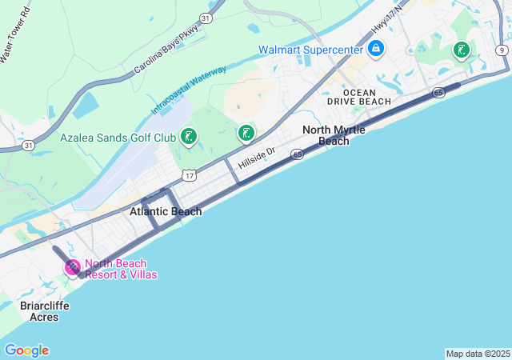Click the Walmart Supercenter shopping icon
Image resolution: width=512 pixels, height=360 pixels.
click(x=376, y=49)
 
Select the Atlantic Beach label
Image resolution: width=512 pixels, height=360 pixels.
click(x=166, y=211)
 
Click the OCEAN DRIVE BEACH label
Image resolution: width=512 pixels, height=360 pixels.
click(x=359, y=96)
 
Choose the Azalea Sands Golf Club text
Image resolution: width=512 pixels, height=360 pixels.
click(x=118, y=138)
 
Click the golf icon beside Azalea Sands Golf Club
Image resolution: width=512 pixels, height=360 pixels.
click(x=188, y=137)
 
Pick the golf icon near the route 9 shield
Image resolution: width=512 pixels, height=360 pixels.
click(x=461, y=50)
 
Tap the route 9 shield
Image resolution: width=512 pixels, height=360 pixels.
click(x=501, y=50)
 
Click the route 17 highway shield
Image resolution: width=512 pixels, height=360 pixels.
click(x=189, y=174)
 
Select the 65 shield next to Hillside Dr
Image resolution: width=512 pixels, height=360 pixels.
click(x=297, y=154)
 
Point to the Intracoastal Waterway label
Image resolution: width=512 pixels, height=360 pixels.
click(x=189, y=90)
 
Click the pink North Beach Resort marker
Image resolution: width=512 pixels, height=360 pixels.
click(x=72, y=267)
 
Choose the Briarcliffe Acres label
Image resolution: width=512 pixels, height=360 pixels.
click(x=45, y=311)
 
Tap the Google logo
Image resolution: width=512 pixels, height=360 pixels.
click(x=26, y=350)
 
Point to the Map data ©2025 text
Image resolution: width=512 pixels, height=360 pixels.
click(x=478, y=354)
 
